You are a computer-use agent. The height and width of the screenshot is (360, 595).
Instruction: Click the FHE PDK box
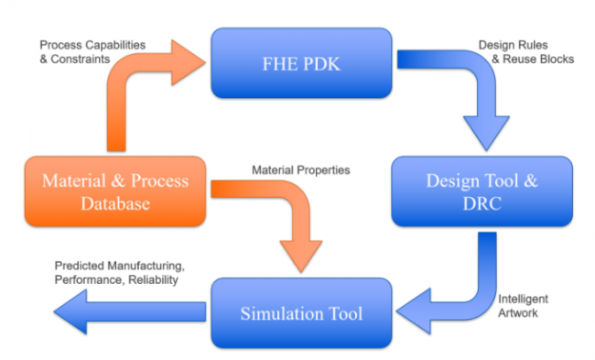click(x=302, y=62)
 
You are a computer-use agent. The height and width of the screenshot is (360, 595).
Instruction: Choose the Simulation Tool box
click(x=302, y=314)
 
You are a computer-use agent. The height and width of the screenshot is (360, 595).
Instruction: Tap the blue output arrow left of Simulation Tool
click(x=128, y=313)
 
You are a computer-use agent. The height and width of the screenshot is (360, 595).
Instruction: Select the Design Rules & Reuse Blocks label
click(x=525, y=51)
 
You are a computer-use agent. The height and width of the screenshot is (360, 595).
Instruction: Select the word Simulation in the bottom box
click(x=281, y=314)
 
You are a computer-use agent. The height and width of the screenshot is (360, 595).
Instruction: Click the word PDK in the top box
click(x=322, y=62)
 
